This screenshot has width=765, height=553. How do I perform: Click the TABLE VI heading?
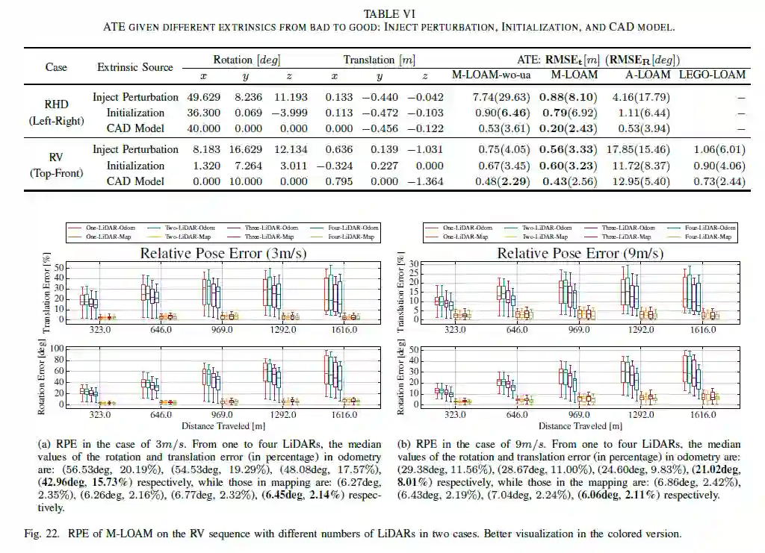[x=385, y=13]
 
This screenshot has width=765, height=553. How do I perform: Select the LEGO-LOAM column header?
[x=712, y=75]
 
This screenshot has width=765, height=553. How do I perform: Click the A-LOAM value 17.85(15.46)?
[x=640, y=149]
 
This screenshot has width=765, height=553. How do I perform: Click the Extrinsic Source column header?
[x=135, y=67]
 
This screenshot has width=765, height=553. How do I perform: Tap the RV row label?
[x=56, y=158]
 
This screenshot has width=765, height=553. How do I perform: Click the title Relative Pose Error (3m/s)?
[x=223, y=253]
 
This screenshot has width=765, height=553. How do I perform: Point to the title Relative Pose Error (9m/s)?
[x=580, y=253]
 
